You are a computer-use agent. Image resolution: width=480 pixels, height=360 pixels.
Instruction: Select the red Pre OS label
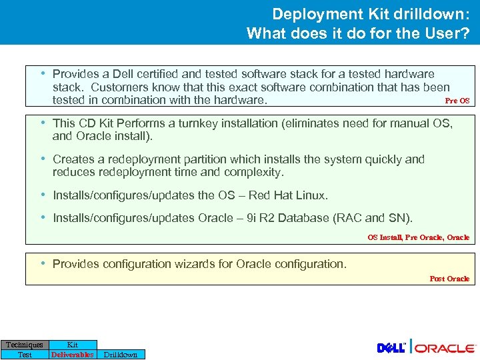point(457,101)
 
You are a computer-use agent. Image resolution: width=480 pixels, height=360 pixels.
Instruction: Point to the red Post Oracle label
point(449,279)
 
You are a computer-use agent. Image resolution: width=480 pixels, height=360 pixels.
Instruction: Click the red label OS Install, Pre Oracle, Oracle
point(418,237)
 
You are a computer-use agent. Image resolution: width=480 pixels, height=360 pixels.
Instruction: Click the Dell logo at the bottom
point(393,348)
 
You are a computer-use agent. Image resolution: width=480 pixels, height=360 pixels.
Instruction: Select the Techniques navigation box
point(25,345)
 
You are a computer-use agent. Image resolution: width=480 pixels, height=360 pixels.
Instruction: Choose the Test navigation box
point(25,355)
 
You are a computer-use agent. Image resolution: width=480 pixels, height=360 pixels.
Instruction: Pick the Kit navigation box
point(73,345)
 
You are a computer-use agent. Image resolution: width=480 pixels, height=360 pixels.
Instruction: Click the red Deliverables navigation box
point(73,355)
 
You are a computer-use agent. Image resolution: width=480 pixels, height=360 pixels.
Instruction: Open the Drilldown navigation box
point(121,355)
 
